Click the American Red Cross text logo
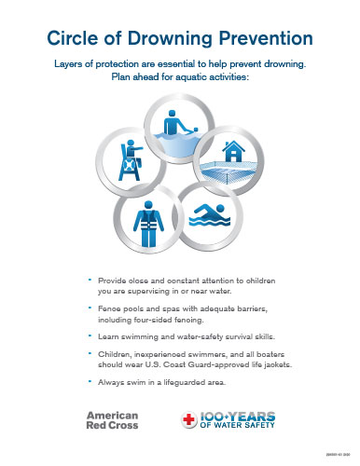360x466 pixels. [112, 419]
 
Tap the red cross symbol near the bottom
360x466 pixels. [187, 420]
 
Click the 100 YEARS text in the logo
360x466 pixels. [236, 415]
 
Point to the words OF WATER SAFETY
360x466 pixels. [234, 428]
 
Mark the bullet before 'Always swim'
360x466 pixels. [89, 382]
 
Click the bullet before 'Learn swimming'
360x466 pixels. [89, 333]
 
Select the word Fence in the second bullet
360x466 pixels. [107, 308]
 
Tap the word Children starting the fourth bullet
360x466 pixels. [114, 357]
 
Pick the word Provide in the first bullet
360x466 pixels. [111, 281]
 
